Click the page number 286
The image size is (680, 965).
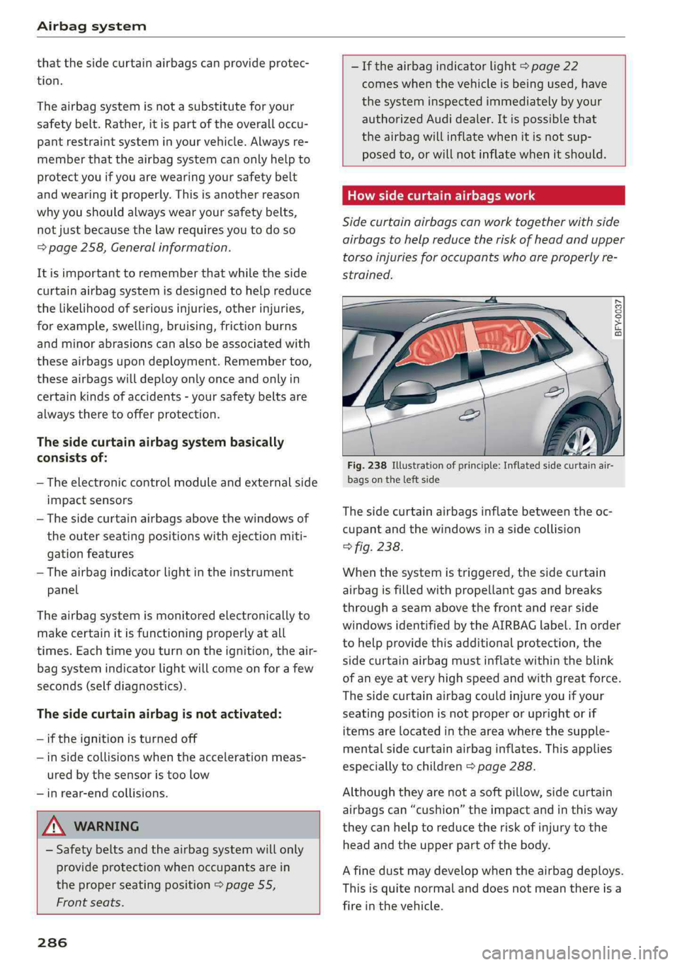pos(52,942)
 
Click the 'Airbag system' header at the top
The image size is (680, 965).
pos(91,26)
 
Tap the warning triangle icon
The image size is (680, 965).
pos(55,826)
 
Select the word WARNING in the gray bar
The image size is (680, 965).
pos(106,826)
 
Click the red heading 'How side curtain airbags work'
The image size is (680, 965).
pos(441,195)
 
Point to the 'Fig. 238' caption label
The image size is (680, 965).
pos(367,465)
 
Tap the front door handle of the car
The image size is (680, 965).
pos(469,416)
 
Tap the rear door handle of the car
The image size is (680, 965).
pos(554,391)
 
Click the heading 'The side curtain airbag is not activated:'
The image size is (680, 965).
pos(159,714)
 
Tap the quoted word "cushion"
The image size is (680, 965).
pos(437,809)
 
